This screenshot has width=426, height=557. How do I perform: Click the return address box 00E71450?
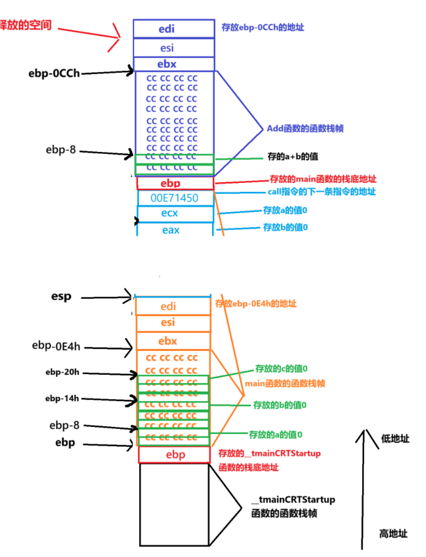(175, 198)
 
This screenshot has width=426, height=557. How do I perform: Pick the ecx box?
(175, 214)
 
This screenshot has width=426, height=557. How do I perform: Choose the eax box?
(175, 230)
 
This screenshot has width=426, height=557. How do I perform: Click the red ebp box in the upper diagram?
(175, 183)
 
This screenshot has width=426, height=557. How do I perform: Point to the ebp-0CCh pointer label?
(54, 73)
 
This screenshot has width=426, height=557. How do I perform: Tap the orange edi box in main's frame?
(172, 306)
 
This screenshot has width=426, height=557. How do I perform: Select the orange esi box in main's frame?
(172, 323)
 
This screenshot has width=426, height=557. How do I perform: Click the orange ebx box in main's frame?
(172, 341)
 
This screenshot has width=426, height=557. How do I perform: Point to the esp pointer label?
(61, 297)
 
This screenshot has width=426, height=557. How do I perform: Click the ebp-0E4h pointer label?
(56, 346)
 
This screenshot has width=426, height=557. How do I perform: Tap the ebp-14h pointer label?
(62, 398)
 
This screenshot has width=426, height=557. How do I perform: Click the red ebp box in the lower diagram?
(174, 455)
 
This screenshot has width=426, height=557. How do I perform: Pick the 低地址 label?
(395, 439)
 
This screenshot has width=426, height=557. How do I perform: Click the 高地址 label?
(393, 533)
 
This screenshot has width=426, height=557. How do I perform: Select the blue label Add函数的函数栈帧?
(305, 129)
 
